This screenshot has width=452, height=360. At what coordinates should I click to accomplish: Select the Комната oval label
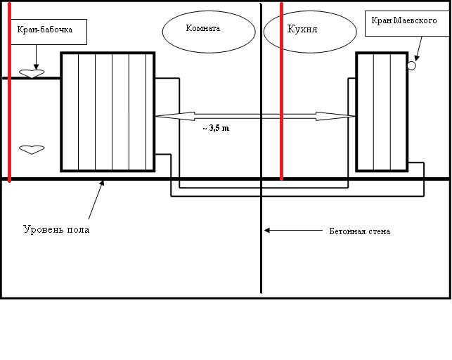pos(202,30)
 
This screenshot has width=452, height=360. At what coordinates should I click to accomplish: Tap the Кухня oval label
pos(303,30)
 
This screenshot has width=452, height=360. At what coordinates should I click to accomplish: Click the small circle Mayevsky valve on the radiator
pos(412,65)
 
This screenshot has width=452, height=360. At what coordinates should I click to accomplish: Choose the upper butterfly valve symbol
pos(31,72)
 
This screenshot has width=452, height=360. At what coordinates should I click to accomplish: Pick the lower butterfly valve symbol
pos(31,148)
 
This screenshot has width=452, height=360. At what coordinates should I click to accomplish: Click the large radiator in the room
pos(108,111)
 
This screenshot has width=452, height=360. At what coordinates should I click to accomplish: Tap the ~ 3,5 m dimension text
pos(216,129)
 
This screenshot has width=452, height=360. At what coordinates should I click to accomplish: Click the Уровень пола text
pos(56,229)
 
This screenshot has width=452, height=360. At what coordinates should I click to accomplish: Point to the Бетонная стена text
pos(359,231)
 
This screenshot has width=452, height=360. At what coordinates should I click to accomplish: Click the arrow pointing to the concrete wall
pos(288,230)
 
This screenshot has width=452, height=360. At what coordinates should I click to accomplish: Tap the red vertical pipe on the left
pos(9,91)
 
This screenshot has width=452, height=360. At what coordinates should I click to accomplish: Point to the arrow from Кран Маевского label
pos(418,49)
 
